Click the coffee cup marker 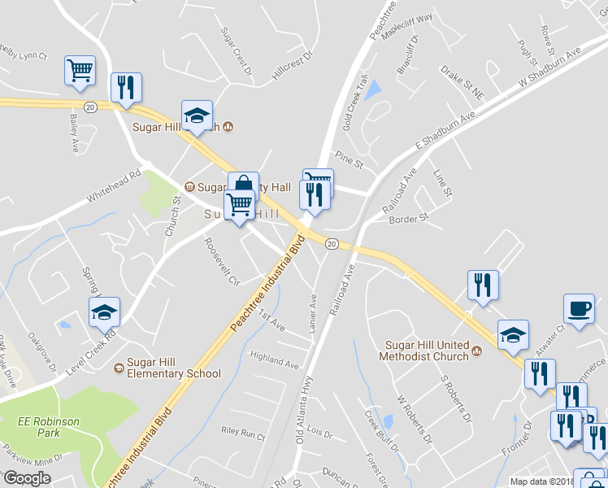(x=579, y=310)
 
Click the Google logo (x=27, y=477)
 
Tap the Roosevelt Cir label (x=222, y=261)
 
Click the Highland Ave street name (x=275, y=358)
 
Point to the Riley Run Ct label (x=243, y=434)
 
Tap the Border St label (x=409, y=219)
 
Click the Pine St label (x=350, y=163)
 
